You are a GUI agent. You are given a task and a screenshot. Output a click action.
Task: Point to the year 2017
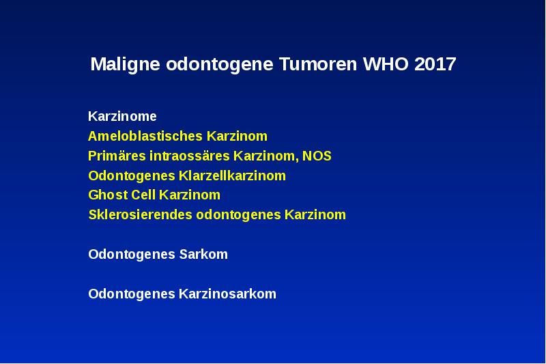click(435, 65)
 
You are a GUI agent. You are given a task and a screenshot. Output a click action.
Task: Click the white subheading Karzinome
click(122, 116)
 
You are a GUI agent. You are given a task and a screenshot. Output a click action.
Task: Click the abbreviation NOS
click(317, 156)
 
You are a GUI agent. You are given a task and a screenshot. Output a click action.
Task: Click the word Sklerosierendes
click(141, 215)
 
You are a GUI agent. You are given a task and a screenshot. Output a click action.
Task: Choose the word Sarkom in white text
click(203, 255)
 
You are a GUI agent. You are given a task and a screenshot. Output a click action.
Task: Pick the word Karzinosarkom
click(227, 294)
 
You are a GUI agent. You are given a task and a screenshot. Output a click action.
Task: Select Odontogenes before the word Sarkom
click(132, 255)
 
